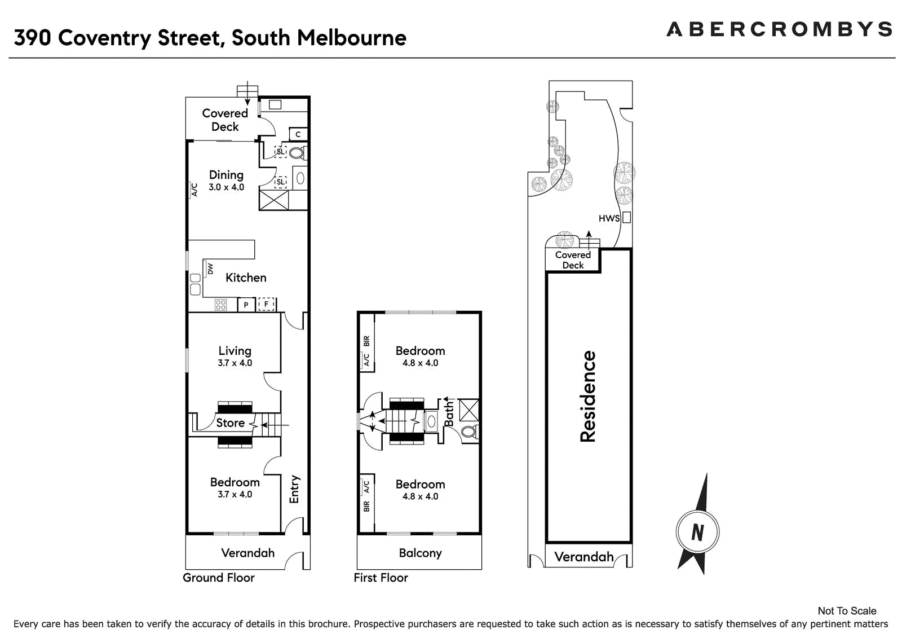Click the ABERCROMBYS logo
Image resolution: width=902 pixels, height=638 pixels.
[x=779, y=29]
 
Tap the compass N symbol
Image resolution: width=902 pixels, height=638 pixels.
[x=697, y=532]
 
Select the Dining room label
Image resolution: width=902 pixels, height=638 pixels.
[x=226, y=175]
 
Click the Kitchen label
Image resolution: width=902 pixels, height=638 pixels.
[x=246, y=278]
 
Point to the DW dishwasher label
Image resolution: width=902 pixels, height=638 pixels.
[x=210, y=269]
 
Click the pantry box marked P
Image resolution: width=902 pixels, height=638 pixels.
[x=246, y=305]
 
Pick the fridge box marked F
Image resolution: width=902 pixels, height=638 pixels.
[x=266, y=304]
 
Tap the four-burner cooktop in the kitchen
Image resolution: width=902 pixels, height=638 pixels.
[x=220, y=305]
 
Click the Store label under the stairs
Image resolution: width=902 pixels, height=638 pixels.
[x=231, y=423]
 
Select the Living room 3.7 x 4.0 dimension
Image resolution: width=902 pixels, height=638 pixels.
[x=235, y=363]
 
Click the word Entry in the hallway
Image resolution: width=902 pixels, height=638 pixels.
[x=294, y=489]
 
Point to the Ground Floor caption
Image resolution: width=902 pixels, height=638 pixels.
[x=219, y=578]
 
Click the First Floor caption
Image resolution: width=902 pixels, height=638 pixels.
[x=381, y=578]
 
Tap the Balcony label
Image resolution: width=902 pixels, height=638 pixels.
[x=420, y=553]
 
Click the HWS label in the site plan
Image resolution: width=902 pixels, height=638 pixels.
[x=609, y=218]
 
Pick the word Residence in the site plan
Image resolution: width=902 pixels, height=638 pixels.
[x=587, y=397]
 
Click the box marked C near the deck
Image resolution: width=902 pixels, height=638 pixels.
[x=298, y=134]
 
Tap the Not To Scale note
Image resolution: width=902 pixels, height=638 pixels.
[x=847, y=611]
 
